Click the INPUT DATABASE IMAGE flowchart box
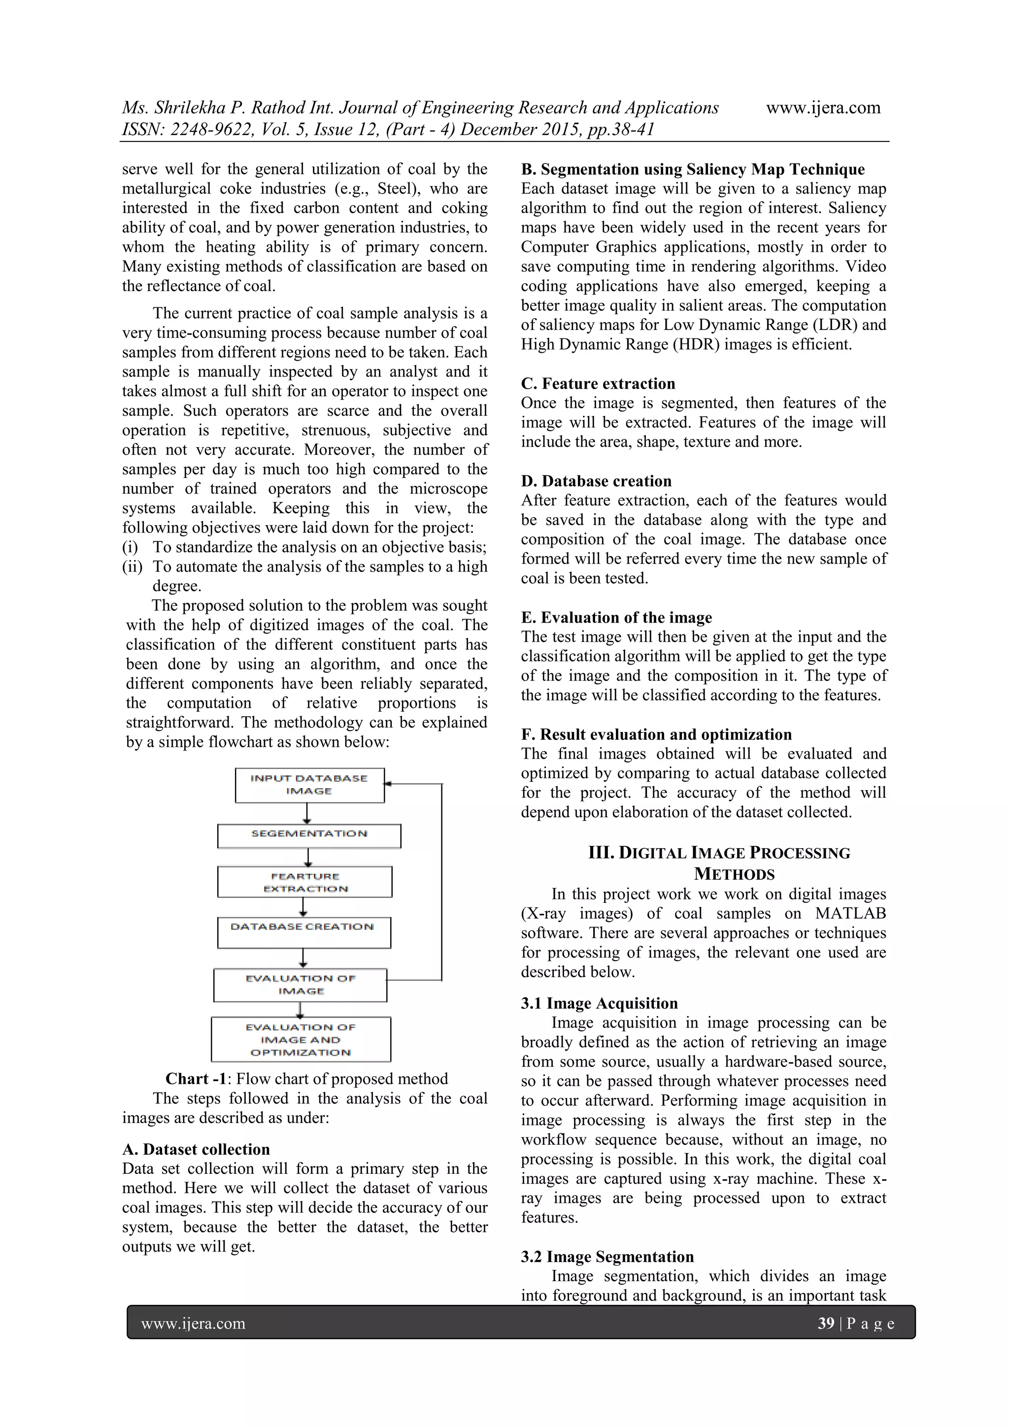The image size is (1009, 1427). click(309, 785)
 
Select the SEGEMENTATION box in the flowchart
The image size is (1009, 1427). click(309, 835)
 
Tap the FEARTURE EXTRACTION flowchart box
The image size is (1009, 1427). click(304, 882)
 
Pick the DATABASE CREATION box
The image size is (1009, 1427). click(303, 932)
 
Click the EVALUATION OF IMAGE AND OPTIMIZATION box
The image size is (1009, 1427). click(301, 1039)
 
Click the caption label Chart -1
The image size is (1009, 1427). click(196, 1079)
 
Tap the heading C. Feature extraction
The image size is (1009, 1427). click(598, 384)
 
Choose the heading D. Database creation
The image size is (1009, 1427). click(596, 481)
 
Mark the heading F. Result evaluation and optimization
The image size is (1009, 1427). click(656, 734)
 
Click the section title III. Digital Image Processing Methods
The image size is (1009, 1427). click(719, 863)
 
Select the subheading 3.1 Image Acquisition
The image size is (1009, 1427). click(599, 1003)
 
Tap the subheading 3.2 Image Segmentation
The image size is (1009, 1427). click(607, 1257)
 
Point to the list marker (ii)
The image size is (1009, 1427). click(133, 567)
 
